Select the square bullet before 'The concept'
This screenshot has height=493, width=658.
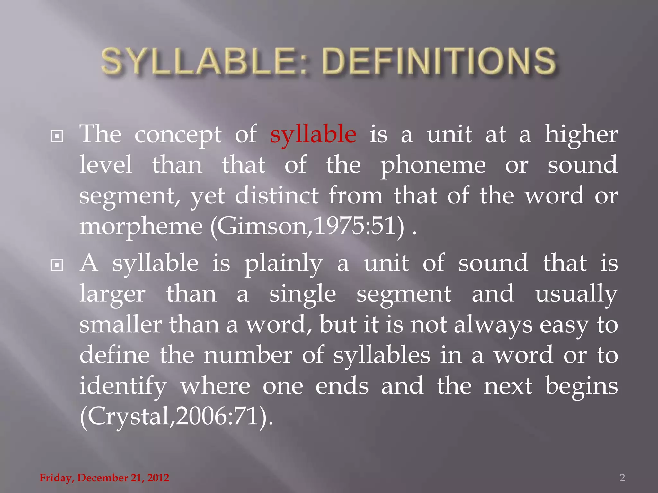pos(57,136)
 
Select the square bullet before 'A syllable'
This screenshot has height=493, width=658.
pos(57,265)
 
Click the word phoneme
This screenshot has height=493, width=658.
pos(433,166)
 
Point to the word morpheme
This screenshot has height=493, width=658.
pos(141,227)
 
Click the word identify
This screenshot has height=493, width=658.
pos(123,386)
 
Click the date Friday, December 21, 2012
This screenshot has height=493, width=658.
pos(104,478)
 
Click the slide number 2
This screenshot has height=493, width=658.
pos(622,478)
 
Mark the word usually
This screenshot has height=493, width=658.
pos(576,295)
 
